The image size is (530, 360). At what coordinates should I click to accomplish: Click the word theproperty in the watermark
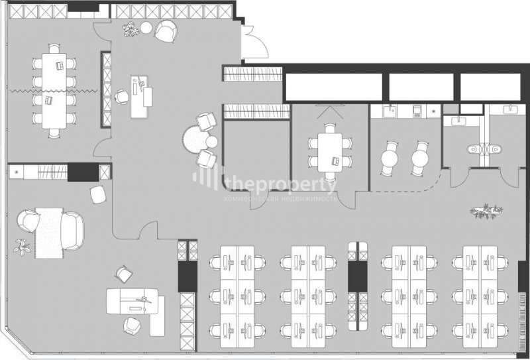point(283,185)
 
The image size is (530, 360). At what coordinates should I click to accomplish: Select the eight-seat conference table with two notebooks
point(54,91)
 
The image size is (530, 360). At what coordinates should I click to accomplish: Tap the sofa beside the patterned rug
point(72,231)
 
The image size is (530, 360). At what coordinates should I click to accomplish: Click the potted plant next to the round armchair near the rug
point(22,247)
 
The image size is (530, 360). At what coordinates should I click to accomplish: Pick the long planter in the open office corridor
point(486,211)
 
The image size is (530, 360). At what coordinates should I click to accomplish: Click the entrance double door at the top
point(255,42)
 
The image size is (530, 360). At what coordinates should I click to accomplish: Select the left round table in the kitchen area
point(390,158)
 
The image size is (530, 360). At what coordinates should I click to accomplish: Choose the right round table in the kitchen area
point(420,158)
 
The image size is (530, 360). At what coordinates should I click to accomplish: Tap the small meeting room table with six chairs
point(330,152)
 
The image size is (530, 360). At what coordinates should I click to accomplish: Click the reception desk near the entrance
point(139,97)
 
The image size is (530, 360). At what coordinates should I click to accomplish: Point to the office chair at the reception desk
point(121,97)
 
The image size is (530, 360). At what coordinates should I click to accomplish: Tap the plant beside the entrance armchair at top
point(131,29)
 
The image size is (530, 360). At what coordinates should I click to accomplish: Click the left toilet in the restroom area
point(474,149)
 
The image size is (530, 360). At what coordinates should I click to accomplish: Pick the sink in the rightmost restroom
point(507,109)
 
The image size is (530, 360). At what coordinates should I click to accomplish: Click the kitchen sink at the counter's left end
point(390,111)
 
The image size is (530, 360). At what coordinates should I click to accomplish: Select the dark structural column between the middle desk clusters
point(358,276)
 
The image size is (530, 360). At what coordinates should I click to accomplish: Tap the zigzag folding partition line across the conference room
point(54,91)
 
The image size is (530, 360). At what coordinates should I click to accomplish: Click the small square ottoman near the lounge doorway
point(98,195)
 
